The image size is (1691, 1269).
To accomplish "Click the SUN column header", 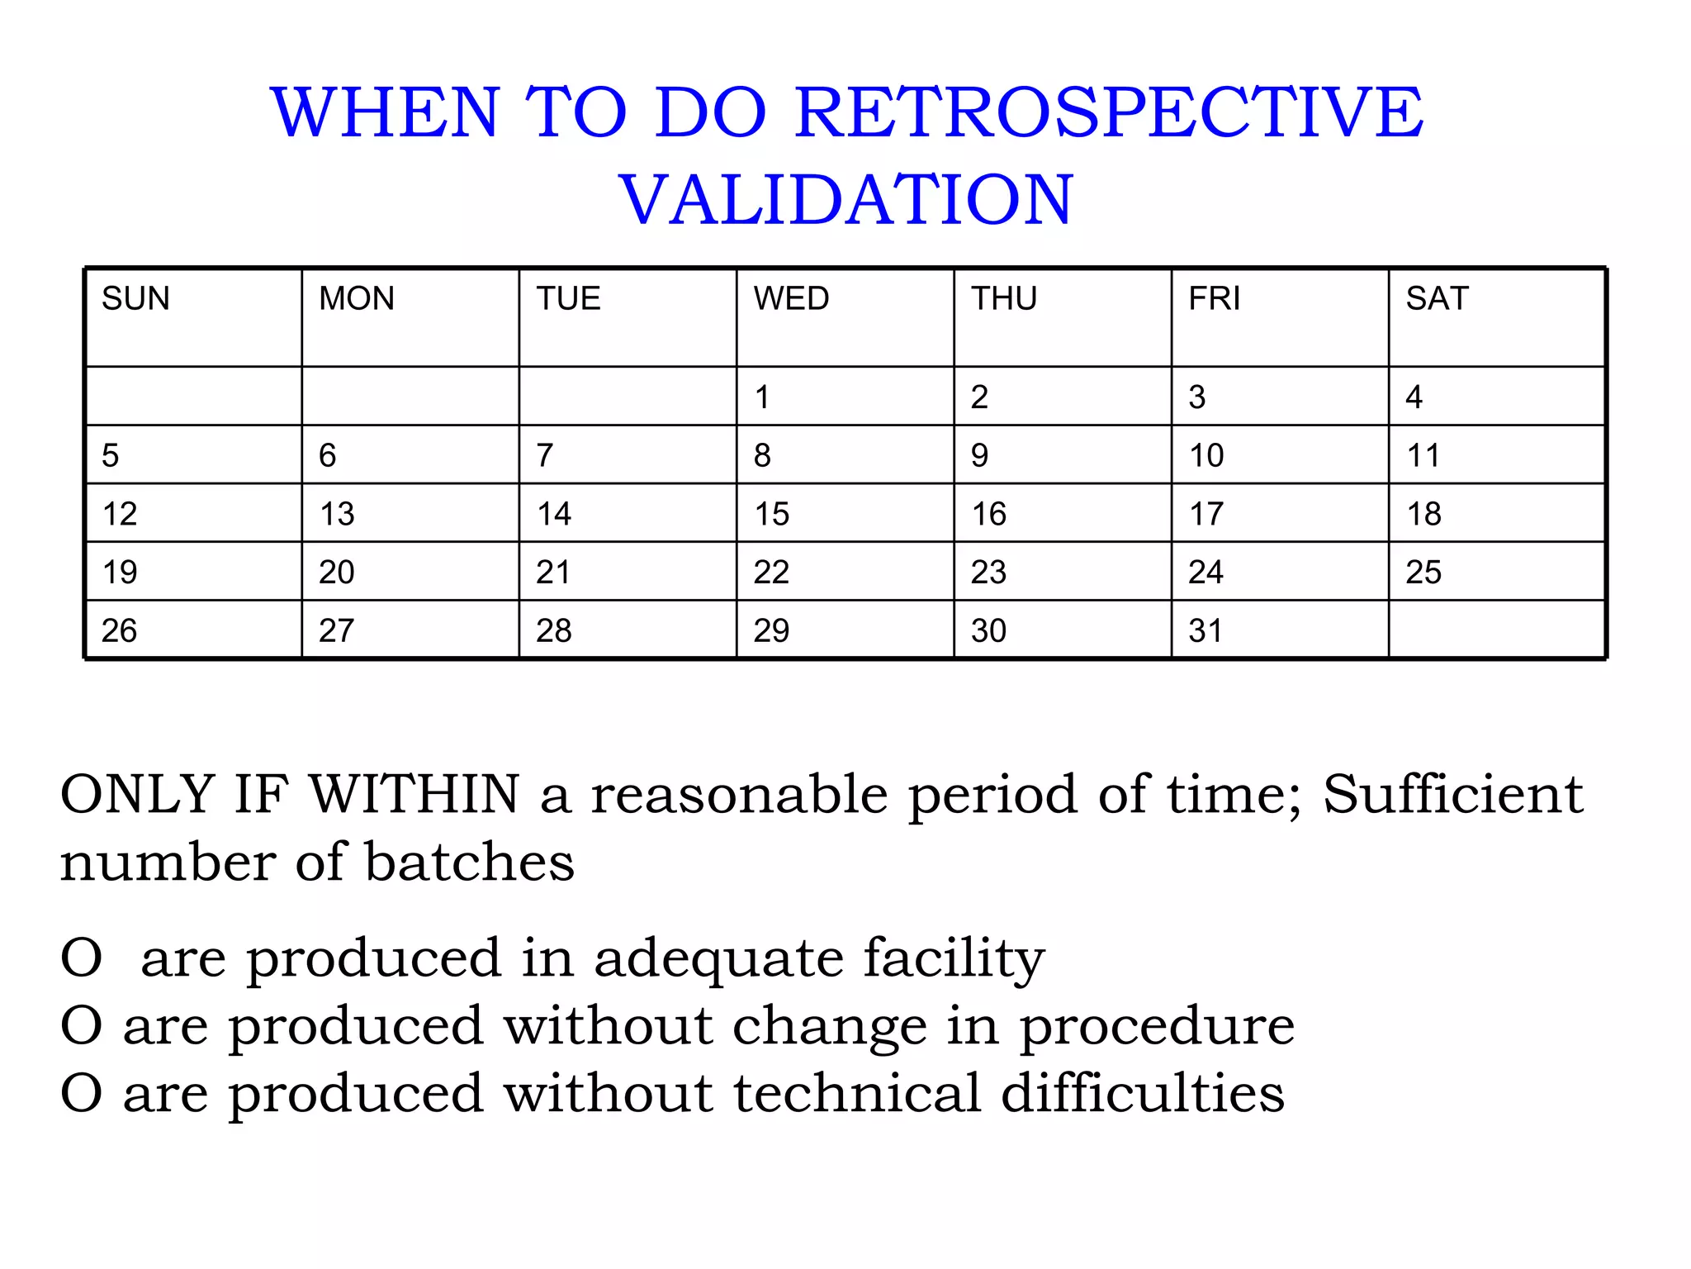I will click(x=135, y=298).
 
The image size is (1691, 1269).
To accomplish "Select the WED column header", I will click(x=791, y=298).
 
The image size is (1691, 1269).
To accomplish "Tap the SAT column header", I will click(x=1437, y=298).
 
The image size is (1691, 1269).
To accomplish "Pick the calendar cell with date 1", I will click(x=762, y=397).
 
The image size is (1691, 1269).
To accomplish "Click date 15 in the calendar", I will click(x=771, y=514).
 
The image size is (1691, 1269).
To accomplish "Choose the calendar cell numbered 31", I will click(x=1205, y=631).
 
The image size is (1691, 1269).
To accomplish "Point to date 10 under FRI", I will click(x=1206, y=455).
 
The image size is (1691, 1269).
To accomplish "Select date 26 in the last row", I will click(x=119, y=631).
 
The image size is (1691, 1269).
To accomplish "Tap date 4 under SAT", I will click(x=1414, y=397).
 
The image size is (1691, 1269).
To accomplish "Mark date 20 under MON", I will click(x=337, y=572).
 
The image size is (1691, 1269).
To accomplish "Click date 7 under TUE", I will click(x=545, y=455).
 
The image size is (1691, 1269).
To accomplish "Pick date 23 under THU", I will click(x=988, y=572).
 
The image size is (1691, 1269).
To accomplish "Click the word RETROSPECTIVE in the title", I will click(x=1109, y=112).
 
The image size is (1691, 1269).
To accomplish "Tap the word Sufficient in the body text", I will click(x=1453, y=794).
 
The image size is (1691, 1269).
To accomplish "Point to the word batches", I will click(x=469, y=862).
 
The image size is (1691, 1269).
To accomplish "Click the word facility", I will click(x=954, y=958).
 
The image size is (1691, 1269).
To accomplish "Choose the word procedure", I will click(x=1156, y=1026).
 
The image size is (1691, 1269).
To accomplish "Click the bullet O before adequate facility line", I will click(x=81, y=958).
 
